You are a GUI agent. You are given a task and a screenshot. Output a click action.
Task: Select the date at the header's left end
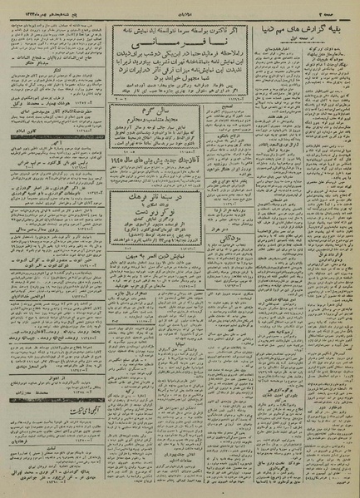pos(33,7)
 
